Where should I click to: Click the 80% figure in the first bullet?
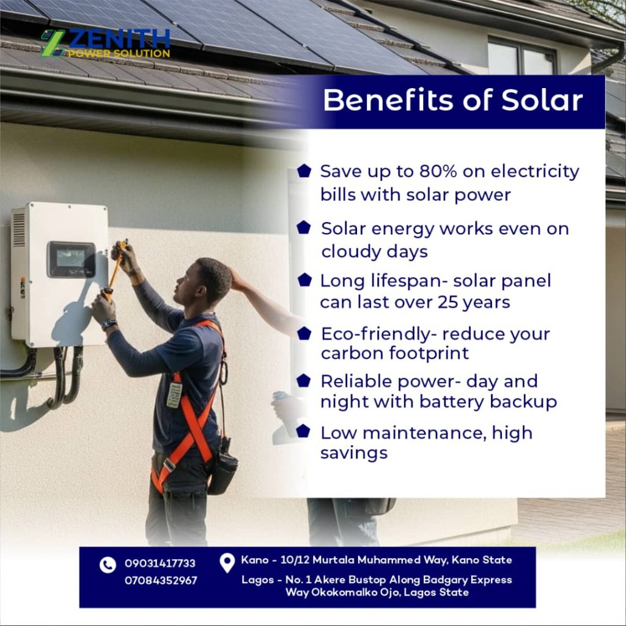click(438, 171)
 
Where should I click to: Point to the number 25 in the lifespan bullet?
click(448, 302)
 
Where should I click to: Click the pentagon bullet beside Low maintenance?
click(303, 431)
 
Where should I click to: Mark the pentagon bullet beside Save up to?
click(304, 171)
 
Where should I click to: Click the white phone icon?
click(108, 565)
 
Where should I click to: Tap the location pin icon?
click(227, 563)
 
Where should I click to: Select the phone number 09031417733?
click(160, 563)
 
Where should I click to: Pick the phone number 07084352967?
click(161, 581)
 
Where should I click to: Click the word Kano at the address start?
click(255, 560)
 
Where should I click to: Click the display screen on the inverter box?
click(71, 259)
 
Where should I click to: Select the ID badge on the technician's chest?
click(174, 394)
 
